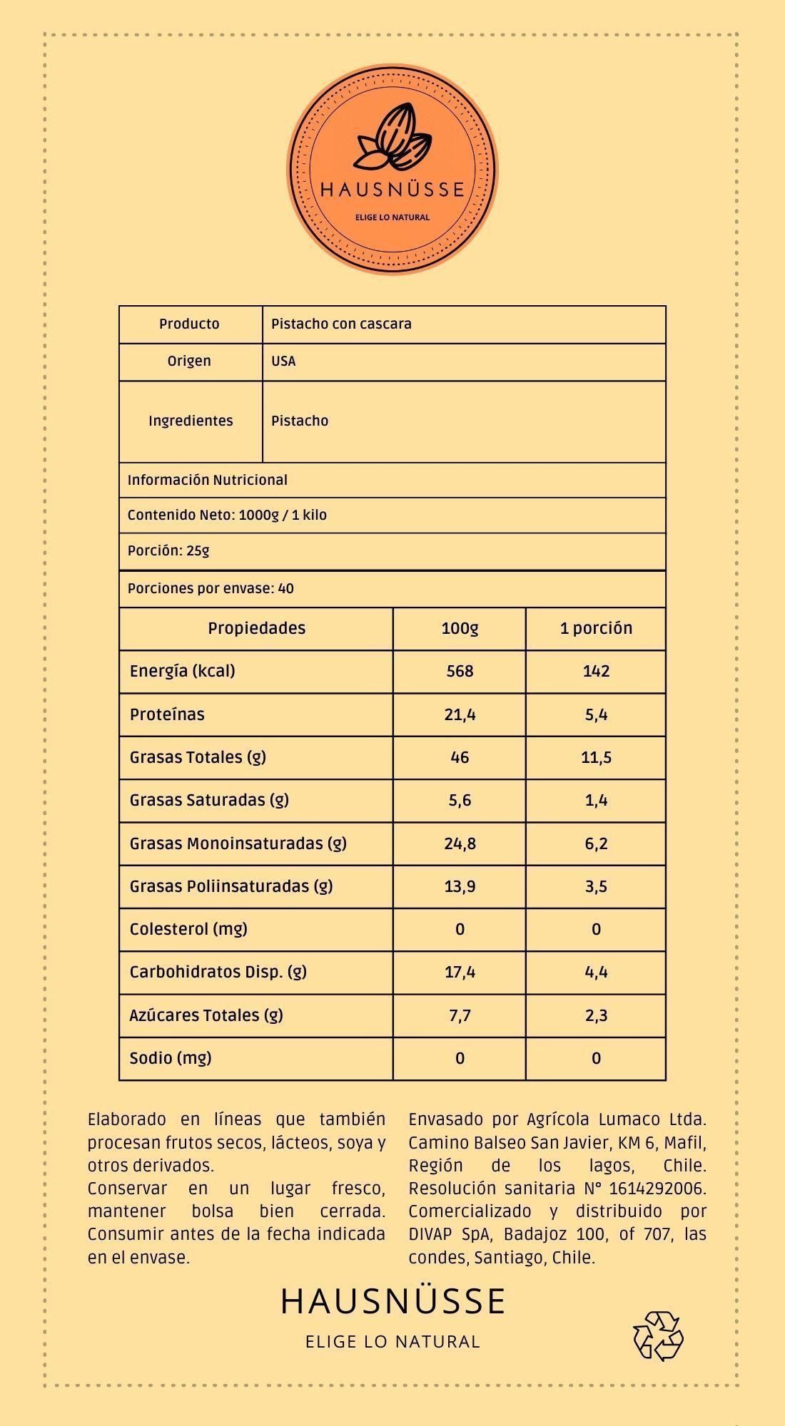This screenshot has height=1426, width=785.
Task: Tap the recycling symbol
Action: click(x=658, y=1335)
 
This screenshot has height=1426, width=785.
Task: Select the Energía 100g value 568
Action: click(x=460, y=671)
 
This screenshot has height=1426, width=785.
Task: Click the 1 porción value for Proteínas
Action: click(x=596, y=714)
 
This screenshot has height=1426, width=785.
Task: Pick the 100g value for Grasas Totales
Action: click(x=460, y=757)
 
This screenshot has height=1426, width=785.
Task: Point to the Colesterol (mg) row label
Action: click(x=188, y=929)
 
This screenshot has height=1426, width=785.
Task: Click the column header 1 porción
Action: click(x=596, y=628)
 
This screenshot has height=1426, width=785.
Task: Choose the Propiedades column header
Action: click(x=256, y=628)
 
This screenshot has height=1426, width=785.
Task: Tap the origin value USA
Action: click(x=283, y=361)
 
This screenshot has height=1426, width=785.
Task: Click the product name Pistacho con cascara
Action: click(x=341, y=324)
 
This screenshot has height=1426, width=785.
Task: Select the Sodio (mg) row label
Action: click(x=171, y=1058)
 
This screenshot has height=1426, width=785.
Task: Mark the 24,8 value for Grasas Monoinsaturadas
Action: click(x=460, y=843)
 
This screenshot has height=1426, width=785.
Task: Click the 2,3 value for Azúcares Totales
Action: click(x=596, y=1015)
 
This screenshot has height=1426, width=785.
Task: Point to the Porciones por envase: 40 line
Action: click(x=211, y=589)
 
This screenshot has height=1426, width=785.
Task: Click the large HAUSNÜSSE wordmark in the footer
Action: click(x=392, y=1301)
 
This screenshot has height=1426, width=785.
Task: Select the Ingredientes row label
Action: click(x=191, y=421)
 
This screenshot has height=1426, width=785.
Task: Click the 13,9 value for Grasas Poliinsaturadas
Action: click(x=460, y=886)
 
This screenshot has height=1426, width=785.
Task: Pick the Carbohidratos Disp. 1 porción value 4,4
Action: click(x=596, y=972)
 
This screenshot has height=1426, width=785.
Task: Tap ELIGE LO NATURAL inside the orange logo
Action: click(x=392, y=217)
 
